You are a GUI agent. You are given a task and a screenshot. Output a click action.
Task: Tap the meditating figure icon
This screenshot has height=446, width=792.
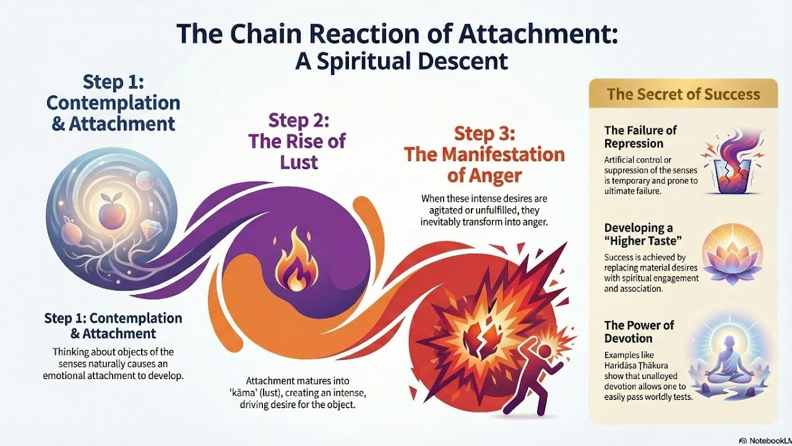click(x=736, y=352)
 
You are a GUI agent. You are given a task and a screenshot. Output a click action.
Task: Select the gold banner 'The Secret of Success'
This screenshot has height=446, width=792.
click(x=683, y=94)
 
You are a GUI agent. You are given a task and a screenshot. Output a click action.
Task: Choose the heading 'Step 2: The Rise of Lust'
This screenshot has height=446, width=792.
click(x=297, y=141)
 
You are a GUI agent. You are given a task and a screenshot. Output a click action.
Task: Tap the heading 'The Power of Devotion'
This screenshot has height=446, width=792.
click(x=639, y=331)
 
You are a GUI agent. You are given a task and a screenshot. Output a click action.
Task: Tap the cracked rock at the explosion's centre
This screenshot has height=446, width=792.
click(x=476, y=335)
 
